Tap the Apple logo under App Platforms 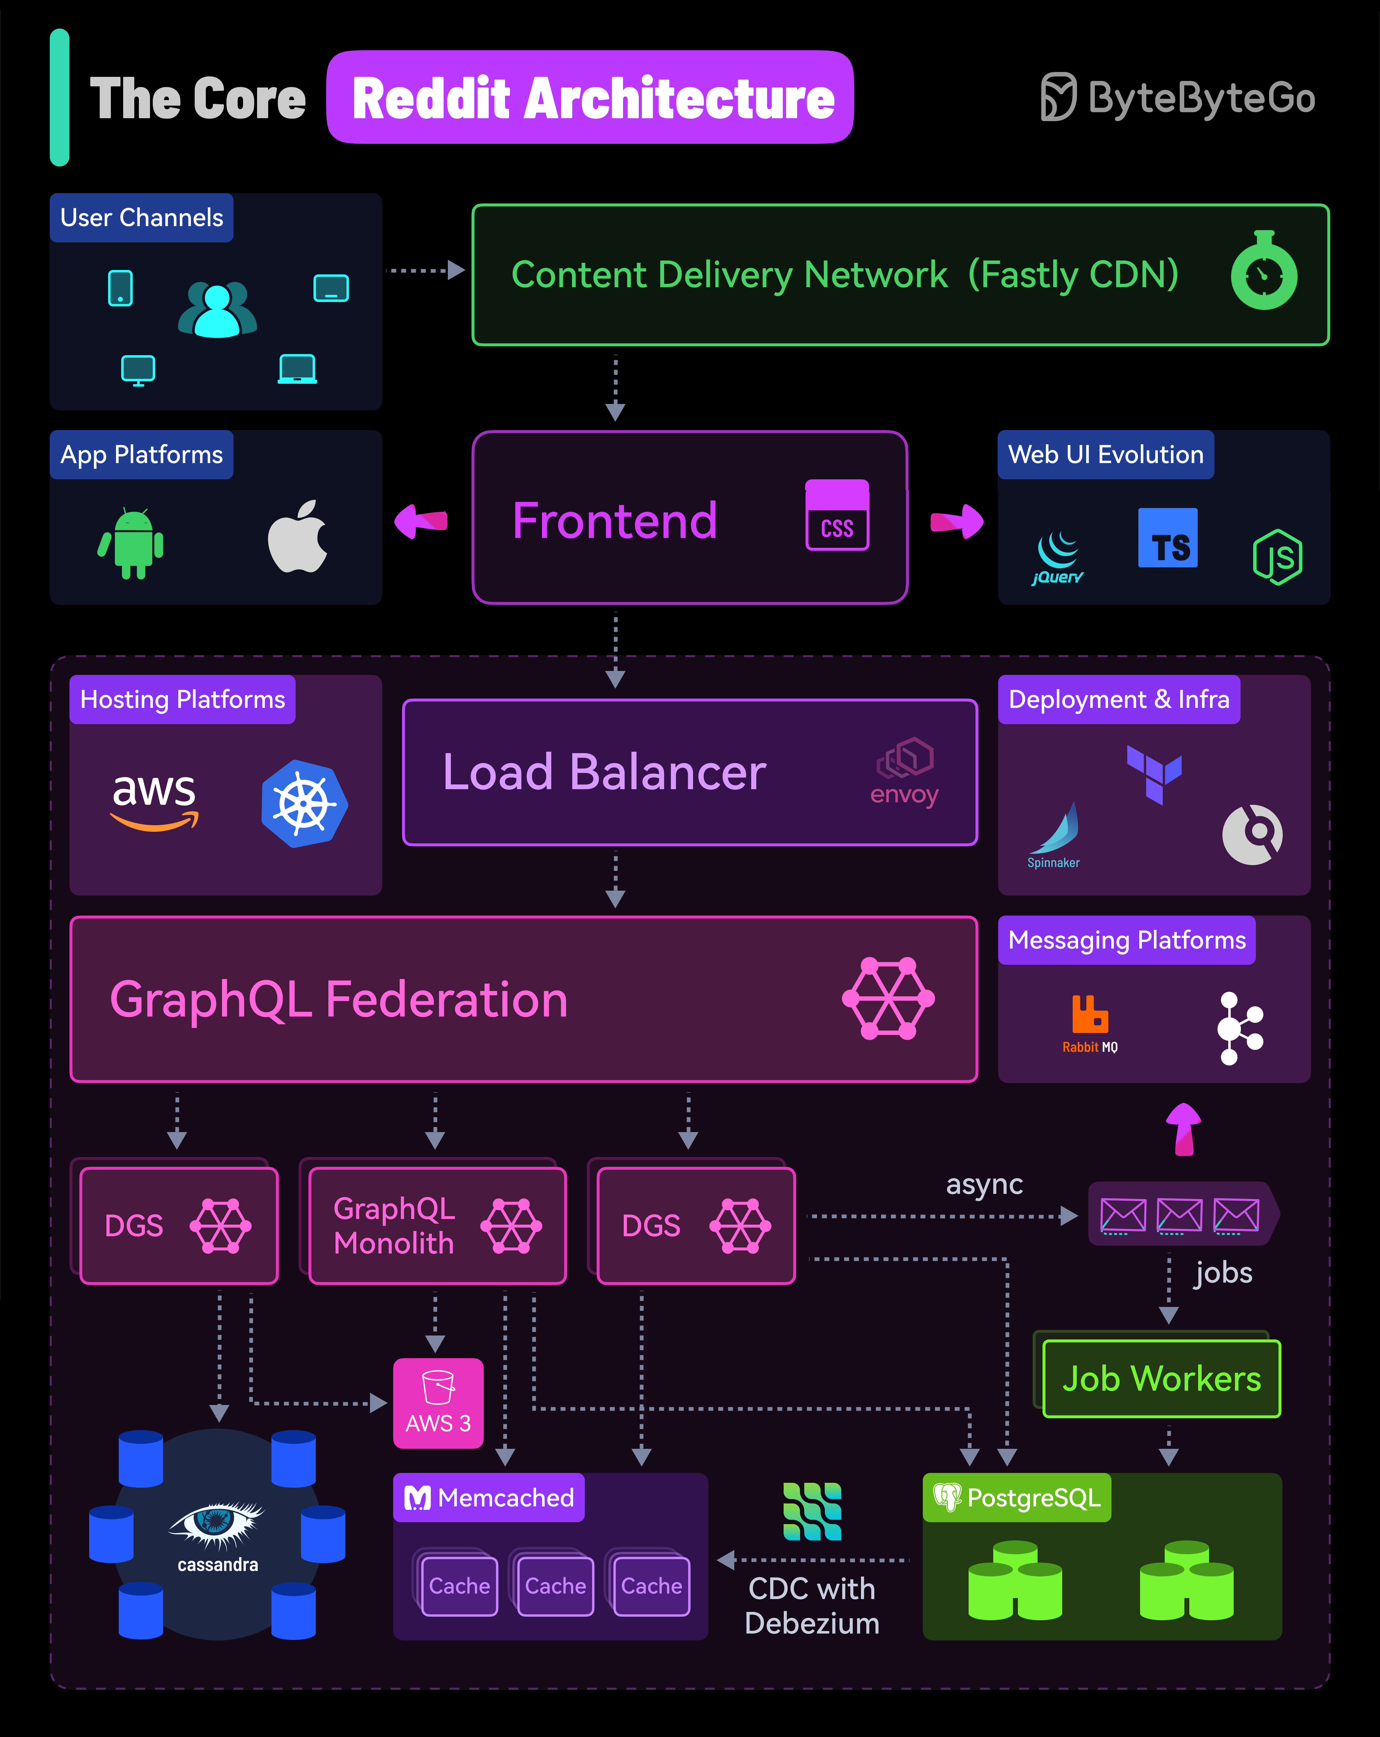[x=297, y=536]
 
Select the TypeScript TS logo [x=1167, y=538]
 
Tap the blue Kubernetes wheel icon [x=304, y=803]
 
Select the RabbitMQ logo [x=1090, y=1023]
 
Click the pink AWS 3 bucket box [x=438, y=1403]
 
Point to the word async [x=984, y=1184]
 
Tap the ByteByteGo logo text [x=1201, y=98]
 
